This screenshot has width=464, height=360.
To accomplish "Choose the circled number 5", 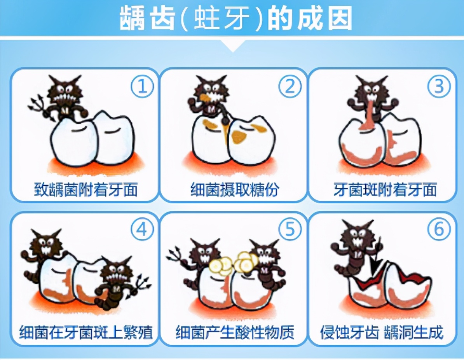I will tap(290, 230).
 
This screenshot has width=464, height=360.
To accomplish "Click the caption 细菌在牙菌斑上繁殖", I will tap(86, 333).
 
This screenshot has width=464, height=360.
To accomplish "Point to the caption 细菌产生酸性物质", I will tap(235, 333).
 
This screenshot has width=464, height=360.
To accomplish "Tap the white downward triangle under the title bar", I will tap(232, 46).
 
